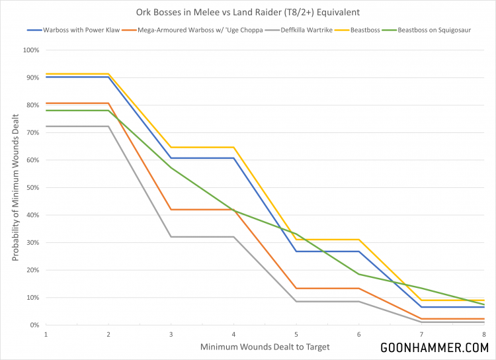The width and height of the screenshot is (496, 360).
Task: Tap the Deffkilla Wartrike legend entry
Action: [311, 30]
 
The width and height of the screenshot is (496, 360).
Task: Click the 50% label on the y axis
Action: [32, 187]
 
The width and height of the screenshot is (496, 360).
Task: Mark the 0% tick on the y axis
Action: [33, 325]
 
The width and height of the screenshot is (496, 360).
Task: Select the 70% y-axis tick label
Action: [32, 132]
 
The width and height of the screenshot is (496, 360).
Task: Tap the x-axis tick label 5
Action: [296, 334]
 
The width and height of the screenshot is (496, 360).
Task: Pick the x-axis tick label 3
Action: [171, 334]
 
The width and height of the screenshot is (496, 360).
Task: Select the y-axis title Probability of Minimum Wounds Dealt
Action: [15, 187]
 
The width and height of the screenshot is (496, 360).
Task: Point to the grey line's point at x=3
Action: [171, 237]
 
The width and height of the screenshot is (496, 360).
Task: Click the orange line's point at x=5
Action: [296, 289]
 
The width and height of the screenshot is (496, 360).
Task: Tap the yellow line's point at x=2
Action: [108, 73]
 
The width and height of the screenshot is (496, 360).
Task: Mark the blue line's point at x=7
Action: [421, 307]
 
